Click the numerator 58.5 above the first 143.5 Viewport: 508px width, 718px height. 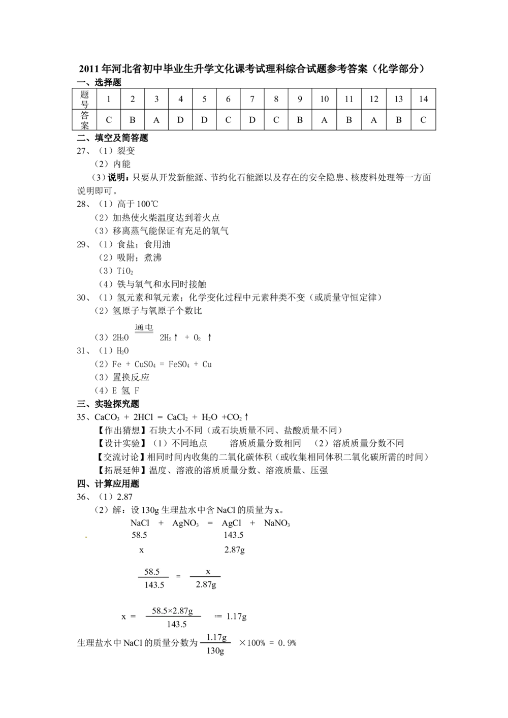coord(152,572)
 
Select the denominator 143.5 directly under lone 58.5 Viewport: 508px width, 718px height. coord(154,585)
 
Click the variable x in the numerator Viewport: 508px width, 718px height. coord(208,572)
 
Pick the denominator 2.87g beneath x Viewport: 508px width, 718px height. coord(206,585)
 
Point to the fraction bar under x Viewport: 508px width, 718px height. coord(205,577)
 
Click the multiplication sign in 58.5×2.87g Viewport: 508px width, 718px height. coord(171,611)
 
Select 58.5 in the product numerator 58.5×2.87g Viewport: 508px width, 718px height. coord(160,611)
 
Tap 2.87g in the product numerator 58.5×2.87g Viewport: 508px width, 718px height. coord(183,611)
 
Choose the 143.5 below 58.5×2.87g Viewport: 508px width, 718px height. coord(177,625)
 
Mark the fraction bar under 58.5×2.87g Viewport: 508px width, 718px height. coord(173,616)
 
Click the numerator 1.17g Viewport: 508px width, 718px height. coord(216,637)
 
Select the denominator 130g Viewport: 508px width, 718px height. coord(215,651)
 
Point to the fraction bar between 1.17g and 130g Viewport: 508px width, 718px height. coord(215,643)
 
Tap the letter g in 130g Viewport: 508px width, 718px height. coord(221,651)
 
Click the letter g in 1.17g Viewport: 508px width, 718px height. coord(224,638)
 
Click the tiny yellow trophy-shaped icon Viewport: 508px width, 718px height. coord(140,379)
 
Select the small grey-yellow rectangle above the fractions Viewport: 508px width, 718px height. coord(85,538)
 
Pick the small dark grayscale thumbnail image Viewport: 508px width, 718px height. coord(144,327)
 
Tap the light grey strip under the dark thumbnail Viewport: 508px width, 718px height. coord(144,336)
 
